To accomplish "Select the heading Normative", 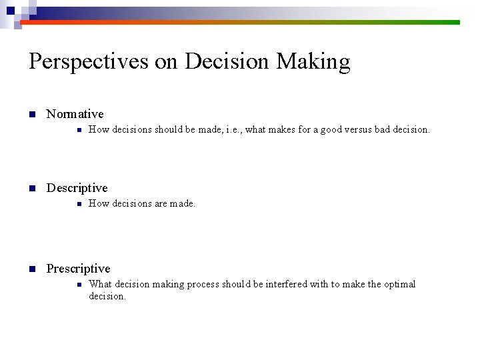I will (x=75, y=114).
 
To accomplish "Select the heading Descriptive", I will (x=77, y=188).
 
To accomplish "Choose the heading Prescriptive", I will (x=78, y=269).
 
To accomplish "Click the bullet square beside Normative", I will (x=31, y=115).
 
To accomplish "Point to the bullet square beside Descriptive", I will (x=31, y=189).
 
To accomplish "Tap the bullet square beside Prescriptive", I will (x=31, y=269).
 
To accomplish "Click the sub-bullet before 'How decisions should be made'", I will (x=79, y=130).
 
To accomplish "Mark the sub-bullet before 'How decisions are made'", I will (x=79, y=204).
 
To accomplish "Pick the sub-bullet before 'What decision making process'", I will (x=79, y=285).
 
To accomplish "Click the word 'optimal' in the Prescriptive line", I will (x=399, y=284).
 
